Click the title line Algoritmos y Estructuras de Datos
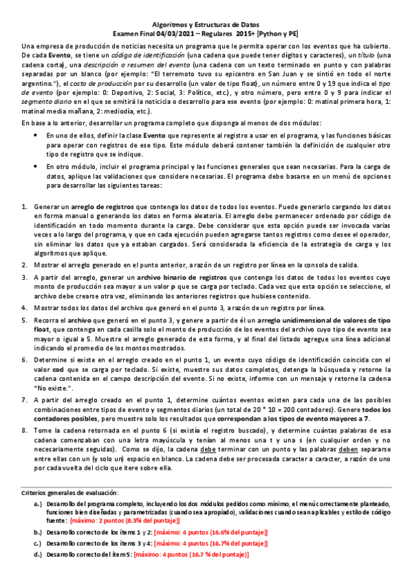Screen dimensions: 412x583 coord(206,23)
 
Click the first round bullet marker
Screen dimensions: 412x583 coord(36,136)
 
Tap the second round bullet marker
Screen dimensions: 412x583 coord(36,166)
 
